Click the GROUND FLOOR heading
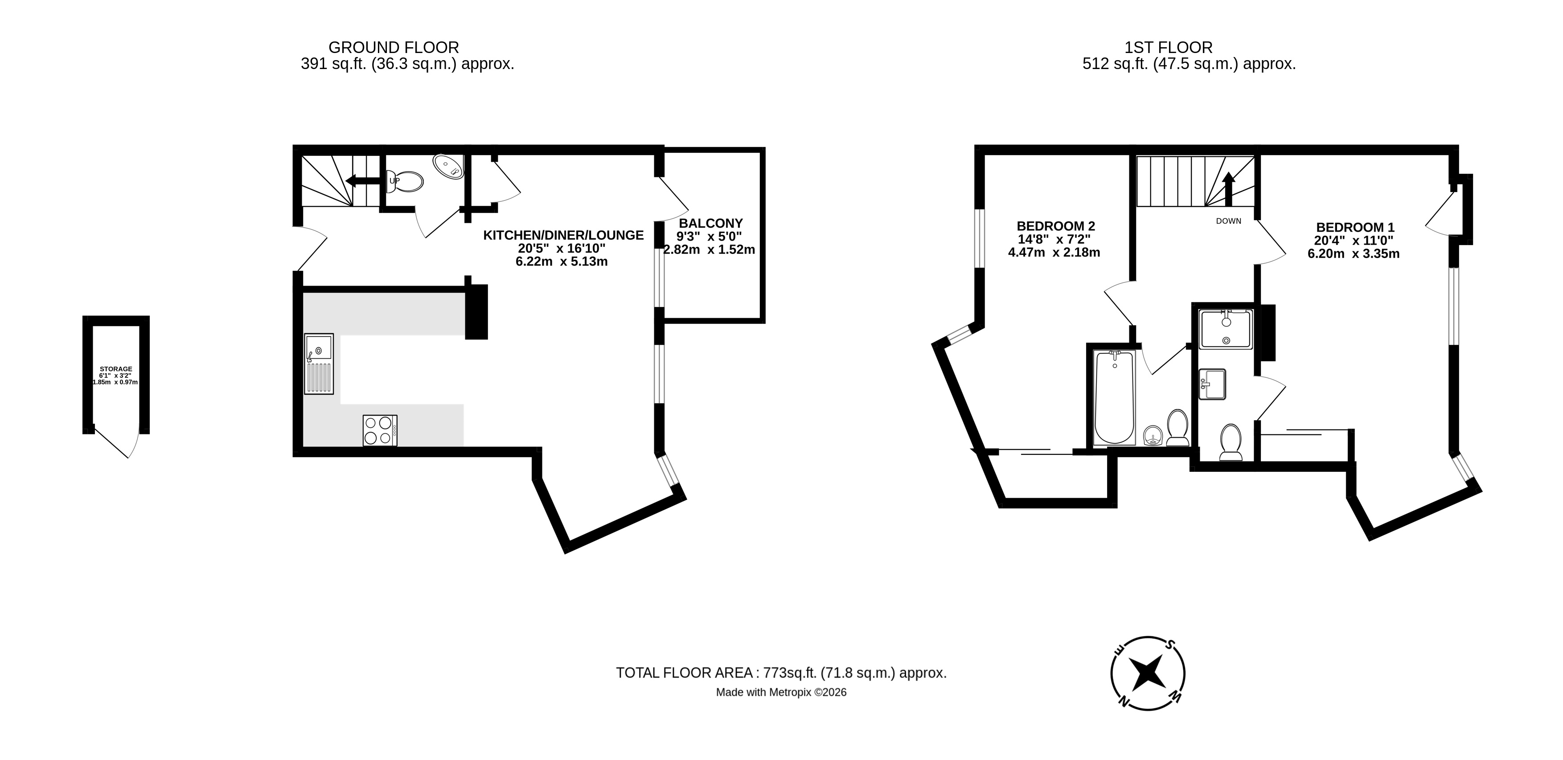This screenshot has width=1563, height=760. click(x=393, y=47)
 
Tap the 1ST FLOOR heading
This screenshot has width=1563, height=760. click(x=1168, y=47)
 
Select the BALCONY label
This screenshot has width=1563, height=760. click(x=710, y=223)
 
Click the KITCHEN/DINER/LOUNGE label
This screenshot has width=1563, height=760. click(x=563, y=235)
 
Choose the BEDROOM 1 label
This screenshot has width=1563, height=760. click(x=1355, y=228)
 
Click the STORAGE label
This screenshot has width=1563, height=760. click(x=116, y=369)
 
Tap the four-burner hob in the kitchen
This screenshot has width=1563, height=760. click(x=380, y=431)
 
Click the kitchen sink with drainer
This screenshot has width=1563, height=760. click(x=319, y=364)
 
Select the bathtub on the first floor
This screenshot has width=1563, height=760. click(x=1115, y=397)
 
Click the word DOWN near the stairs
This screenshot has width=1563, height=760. click(x=1229, y=221)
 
